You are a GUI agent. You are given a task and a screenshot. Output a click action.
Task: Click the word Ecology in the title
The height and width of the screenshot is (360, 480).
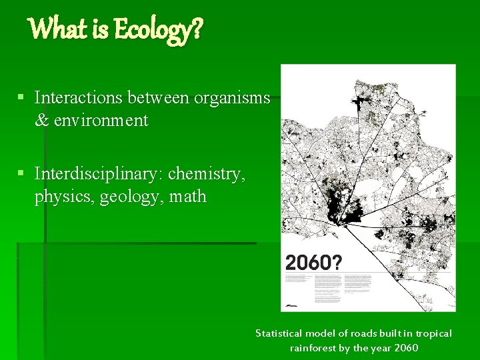(x=153, y=30)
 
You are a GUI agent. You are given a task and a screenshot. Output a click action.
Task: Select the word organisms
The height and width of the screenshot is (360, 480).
(x=232, y=98)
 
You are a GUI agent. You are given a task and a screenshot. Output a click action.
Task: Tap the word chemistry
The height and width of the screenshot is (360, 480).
(x=207, y=174)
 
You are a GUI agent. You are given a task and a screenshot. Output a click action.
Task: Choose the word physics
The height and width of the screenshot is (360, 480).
(x=64, y=197)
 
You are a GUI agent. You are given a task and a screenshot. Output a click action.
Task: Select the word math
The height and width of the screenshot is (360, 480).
(x=188, y=197)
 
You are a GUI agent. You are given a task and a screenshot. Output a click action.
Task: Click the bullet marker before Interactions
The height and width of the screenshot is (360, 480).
(x=21, y=98)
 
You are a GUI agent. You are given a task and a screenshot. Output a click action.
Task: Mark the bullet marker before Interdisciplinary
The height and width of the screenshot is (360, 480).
(x=21, y=174)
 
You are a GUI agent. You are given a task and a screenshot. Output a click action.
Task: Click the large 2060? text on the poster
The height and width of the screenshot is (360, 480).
(x=313, y=262)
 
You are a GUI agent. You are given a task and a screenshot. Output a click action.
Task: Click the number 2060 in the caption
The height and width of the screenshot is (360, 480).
(x=407, y=347)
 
